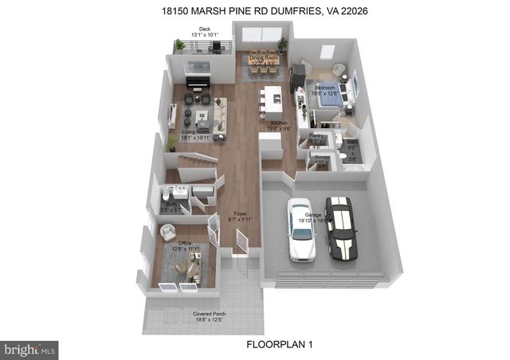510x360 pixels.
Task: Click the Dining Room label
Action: coord(262,57)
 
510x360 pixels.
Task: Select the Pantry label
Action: coord(316,136)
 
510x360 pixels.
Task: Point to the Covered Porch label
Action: coord(210,314)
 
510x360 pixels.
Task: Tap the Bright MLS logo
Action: coord(30,348)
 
